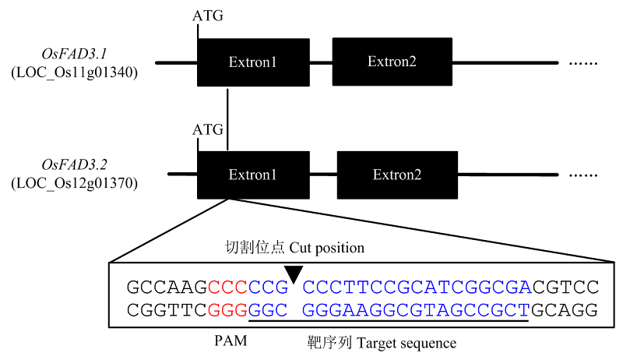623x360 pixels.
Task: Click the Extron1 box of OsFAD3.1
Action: pos(253,62)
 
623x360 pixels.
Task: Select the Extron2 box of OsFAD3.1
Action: pos(392,62)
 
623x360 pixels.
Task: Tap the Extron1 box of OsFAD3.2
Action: pos(253,175)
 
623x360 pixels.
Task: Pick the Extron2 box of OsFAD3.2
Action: pos(397,175)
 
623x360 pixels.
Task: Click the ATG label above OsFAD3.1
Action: pos(208,16)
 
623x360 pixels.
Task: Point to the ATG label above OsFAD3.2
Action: pos(208,129)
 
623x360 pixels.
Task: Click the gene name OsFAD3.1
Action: pos(74,54)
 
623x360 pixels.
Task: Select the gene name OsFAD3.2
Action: pos(74,164)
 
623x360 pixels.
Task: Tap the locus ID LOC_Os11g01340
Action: pos(74,72)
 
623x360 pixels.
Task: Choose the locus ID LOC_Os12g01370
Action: pos(74,183)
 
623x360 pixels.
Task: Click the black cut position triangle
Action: pos(294,274)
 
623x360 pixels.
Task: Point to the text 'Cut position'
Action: pos(326,248)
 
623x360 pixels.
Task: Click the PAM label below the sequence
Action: pos(231,341)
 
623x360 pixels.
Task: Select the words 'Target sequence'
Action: pos(407,343)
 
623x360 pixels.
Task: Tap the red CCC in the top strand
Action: pos(228,287)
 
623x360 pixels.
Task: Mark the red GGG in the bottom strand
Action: pos(228,310)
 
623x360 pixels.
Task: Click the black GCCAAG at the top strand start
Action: pos(167,287)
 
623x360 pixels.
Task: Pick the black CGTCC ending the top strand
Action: pos(565,287)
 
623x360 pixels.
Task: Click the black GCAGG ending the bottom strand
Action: pos(565,310)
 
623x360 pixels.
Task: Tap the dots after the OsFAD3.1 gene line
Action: pos(583,64)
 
